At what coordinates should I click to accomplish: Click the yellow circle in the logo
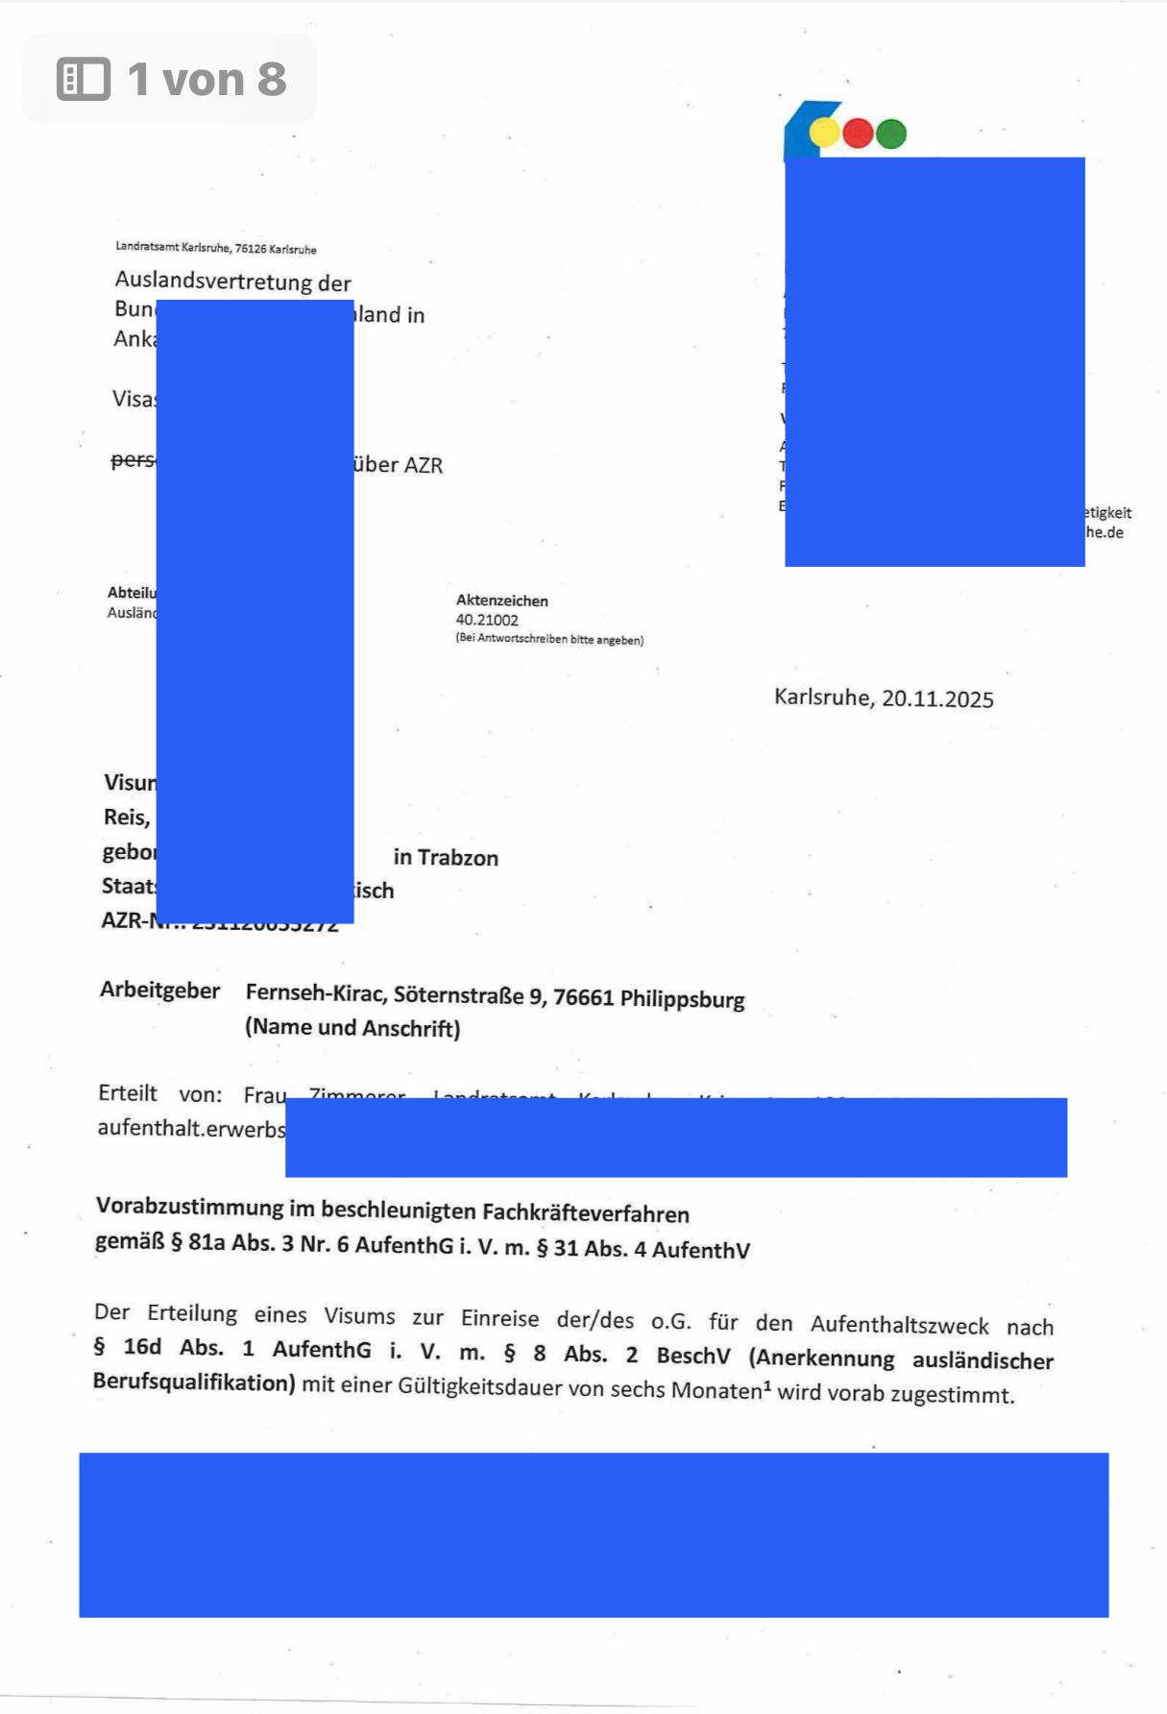tap(825, 133)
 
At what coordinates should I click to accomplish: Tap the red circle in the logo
tap(858, 134)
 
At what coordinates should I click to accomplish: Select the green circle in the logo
tap(891, 134)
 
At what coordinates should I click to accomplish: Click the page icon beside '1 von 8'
tap(84, 79)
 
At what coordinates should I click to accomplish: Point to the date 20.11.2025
tap(937, 699)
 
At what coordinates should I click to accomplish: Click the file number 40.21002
tap(487, 620)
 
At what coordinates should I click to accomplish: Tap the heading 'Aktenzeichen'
tap(501, 600)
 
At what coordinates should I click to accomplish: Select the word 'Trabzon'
tap(458, 858)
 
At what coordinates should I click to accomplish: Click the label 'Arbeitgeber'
tap(159, 991)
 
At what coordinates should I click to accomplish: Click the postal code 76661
tap(583, 997)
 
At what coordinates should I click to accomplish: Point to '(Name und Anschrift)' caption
tap(353, 1028)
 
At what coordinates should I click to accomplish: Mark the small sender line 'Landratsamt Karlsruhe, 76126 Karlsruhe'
tap(216, 248)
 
